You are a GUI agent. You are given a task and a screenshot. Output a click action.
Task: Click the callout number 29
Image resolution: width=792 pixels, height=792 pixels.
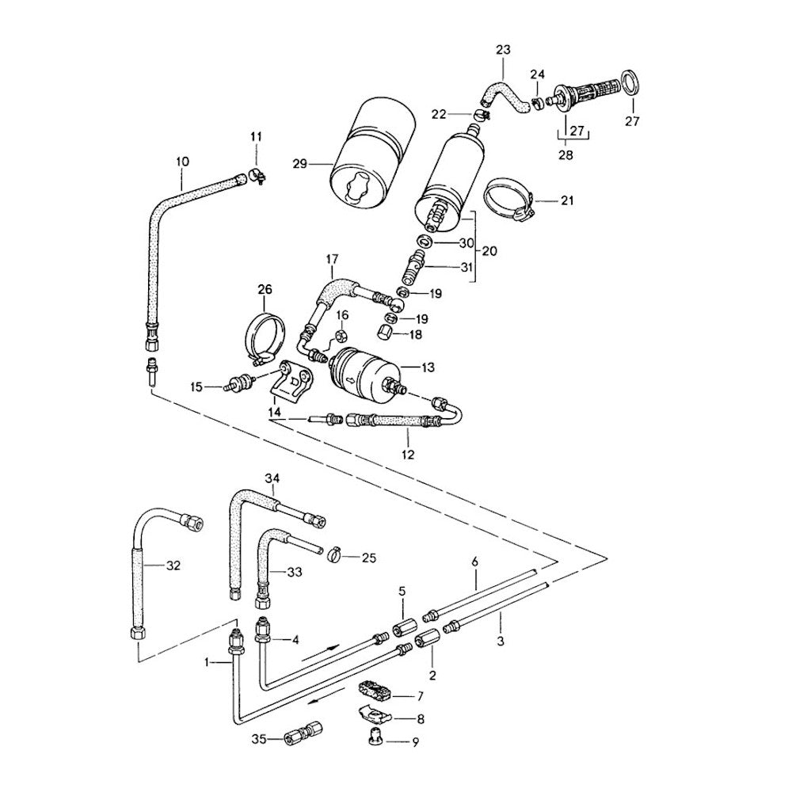[299, 164]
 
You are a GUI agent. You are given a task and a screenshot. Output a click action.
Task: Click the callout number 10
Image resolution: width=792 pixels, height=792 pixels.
[182, 162]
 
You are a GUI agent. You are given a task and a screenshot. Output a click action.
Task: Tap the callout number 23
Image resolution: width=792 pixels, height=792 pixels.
[503, 51]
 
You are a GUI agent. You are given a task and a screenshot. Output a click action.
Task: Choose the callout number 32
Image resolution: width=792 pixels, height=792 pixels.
[174, 565]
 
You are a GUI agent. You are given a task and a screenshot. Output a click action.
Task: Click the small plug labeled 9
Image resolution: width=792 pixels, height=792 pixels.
[374, 739]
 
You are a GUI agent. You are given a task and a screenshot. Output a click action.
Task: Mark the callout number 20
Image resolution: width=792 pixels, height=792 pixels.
[489, 251]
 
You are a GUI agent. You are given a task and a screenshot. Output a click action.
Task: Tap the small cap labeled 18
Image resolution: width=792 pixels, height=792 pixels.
[386, 332]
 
